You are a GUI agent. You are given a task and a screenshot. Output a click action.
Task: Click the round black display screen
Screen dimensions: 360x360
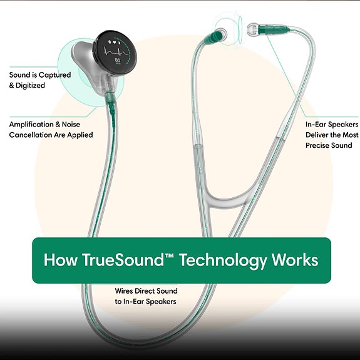(x=115, y=53)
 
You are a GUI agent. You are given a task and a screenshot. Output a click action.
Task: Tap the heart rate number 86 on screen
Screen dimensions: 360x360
(x=117, y=60)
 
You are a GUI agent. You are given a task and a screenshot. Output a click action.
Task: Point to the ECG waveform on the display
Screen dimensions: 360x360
(x=116, y=53)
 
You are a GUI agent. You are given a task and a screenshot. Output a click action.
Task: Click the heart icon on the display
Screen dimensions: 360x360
(x=114, y=42)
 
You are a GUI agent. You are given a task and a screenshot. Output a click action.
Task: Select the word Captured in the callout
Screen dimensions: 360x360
(x=54, y=75)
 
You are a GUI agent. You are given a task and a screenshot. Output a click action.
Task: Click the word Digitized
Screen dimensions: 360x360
(x=30, y=85)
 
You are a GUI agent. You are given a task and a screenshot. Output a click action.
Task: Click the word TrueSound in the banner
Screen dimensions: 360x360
(x=123, y=260)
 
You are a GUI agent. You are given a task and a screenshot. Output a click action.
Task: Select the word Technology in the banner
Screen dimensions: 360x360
(x=223, y=260)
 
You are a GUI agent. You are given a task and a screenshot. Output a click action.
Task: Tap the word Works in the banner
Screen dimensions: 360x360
(x=295, y=260)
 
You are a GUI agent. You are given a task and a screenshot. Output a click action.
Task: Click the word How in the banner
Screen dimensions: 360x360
(x=61, y=260)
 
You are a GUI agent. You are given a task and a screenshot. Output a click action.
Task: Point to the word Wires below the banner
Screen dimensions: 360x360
(x=124, y=291)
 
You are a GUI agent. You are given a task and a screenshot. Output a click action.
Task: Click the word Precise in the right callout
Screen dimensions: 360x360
(x=317, y=145)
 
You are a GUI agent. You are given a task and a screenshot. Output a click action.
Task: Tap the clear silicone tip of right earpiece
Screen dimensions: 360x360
(x=252, y=29)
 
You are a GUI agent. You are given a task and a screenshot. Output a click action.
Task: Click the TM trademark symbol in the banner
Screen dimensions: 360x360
(x=169, y=255)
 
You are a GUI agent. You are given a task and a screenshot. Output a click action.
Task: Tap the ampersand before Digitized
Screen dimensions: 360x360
(x=11, y=85)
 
